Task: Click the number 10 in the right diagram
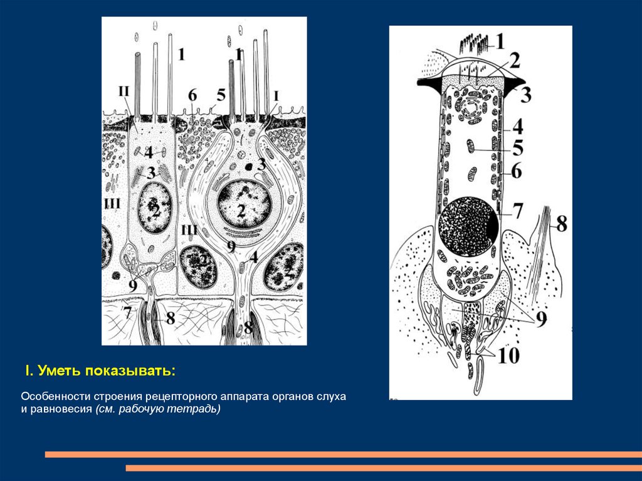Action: coord(508,356)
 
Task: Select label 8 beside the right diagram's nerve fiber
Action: coord(561,224)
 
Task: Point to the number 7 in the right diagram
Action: coord(517,211)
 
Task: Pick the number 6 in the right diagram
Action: coord(517,171)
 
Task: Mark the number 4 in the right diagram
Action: coord(518,127)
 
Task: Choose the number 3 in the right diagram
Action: coord(525,95)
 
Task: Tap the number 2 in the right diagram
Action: coord(514,61)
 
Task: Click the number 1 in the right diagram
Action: coord(500,41)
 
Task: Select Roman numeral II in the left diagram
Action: coord(124,91)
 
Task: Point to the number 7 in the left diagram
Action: coord(128,314)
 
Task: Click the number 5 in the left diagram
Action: coord(221,95)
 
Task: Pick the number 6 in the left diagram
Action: coord(192,95)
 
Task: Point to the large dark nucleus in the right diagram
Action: coord(468,226)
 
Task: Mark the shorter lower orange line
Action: coord(384,468)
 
